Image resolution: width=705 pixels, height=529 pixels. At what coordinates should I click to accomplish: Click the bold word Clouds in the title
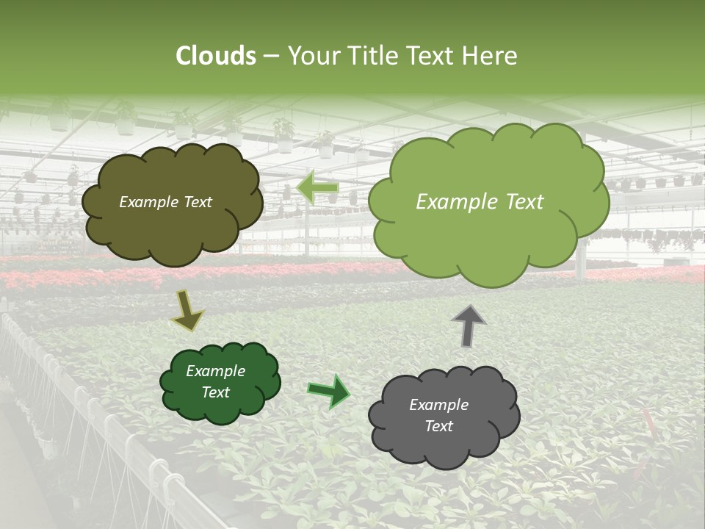216,56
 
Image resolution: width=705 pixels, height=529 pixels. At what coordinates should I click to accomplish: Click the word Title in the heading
372,56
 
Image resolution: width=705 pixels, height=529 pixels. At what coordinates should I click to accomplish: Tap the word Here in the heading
490,56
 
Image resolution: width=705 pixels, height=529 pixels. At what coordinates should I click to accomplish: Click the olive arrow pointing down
187,310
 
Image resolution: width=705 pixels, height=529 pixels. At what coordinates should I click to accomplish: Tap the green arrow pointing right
328,391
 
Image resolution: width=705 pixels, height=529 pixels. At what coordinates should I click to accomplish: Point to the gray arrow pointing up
468,325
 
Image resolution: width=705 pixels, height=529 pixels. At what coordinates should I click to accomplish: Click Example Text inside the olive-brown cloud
165,202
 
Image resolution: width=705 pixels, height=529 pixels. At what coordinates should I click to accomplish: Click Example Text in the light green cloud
480,202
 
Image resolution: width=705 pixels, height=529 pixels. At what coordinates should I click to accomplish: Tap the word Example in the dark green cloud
215,371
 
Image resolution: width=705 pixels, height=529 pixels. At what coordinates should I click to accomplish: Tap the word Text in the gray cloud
438,426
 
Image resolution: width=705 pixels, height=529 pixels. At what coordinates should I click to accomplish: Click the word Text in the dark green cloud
215,392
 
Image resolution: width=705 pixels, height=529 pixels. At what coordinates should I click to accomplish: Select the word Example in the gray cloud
438,405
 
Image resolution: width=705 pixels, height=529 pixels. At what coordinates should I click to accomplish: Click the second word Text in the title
433,56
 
